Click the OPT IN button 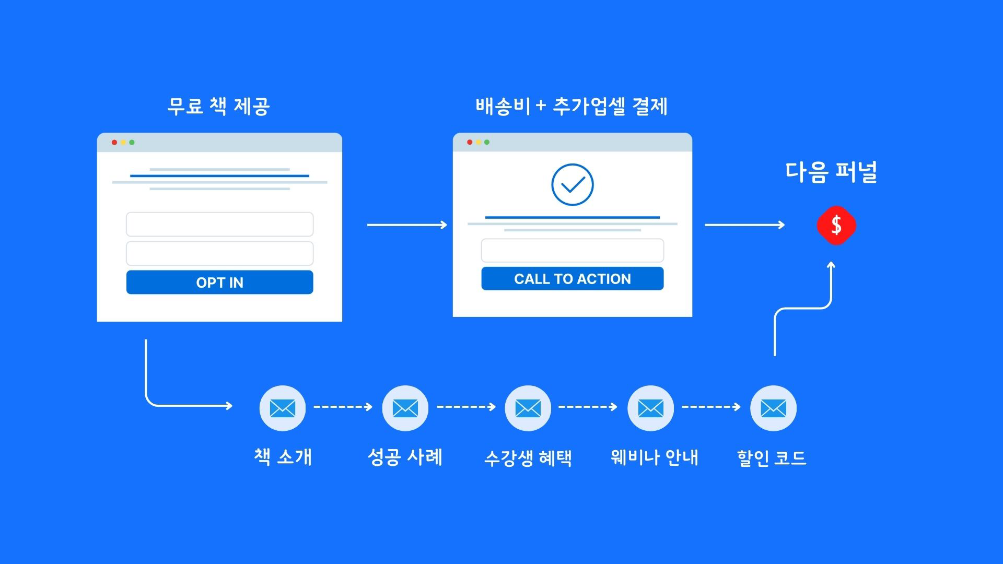tap(219, 282)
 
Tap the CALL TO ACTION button tap(572, 279)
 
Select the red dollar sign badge tap(836, 225)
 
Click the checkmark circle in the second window tap(572, 185)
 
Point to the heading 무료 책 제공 tap(218, 106)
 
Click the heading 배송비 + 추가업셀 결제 tap(572, 106)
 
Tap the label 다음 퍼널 tap(831, 172)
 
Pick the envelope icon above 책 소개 tap(283, 408)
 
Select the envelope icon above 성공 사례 tap(405, 408)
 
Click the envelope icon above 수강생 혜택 tap(528, 408)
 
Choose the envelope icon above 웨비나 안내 tap(650, 408)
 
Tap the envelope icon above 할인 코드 tap(773, 408)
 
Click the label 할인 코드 tap(772, 458)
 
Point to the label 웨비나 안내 tap(654, 457)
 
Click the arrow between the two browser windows tap(407, 225)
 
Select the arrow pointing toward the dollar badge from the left tap(744, 225)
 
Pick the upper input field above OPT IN tap(219, 224)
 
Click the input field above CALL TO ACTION tap(572, 251)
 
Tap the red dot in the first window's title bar tap(114, 142)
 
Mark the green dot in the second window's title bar tap(487, 142)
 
